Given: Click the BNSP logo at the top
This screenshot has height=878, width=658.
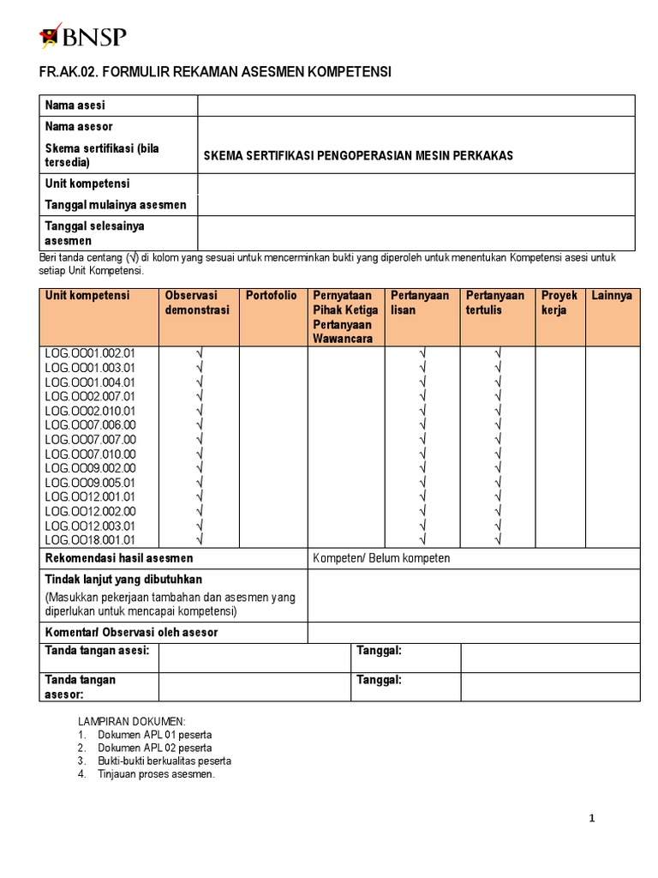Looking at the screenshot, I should [x=83, y=36].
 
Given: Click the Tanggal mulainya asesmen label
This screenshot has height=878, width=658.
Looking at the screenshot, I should [x=115, y=205].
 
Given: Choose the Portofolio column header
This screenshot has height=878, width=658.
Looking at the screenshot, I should [x=271, y=296].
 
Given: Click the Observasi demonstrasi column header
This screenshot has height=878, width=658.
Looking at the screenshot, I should [x=197, y=303].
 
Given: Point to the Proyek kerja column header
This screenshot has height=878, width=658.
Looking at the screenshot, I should [x=559, y=303].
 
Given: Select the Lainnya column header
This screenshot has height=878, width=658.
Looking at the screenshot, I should [x=612, y=296].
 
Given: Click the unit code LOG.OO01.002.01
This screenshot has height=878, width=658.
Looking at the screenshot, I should [x=90, y=353].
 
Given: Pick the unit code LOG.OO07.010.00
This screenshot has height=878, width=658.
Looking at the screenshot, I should [x=90, y=454].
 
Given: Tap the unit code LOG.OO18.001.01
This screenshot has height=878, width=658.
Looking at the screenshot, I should [x=90, y=540].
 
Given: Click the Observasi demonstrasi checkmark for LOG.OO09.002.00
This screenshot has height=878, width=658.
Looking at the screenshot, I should [x=199, y=468].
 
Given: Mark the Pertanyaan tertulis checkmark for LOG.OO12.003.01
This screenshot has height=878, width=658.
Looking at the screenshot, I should [x=497, y=526].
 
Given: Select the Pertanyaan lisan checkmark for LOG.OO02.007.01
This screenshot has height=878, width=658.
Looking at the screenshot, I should [x=422, y=396].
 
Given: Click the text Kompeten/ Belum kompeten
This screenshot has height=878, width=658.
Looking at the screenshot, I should [x=381, y=559].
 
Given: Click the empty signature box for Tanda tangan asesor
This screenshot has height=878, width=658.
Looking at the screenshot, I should [x=254, y=686].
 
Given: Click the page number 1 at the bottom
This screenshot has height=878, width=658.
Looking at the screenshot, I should [x=591, y=819].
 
